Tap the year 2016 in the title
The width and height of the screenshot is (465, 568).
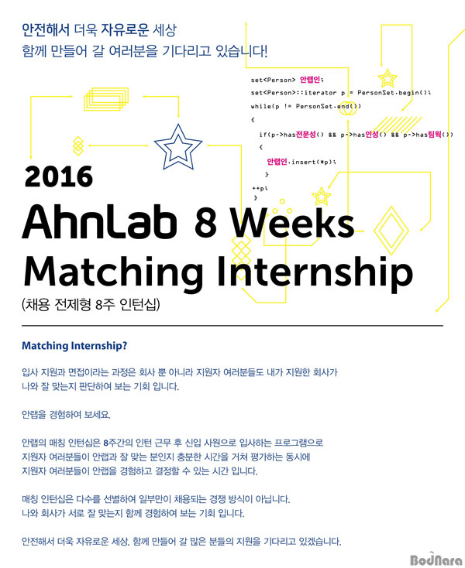[x=59, y=176]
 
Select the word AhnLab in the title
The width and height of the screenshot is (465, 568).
[x=99, y=222]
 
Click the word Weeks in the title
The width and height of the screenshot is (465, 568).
[x=292, y=222]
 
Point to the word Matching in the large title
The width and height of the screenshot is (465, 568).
[x=113, y=273]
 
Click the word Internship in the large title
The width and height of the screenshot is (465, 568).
[x=315, y=272]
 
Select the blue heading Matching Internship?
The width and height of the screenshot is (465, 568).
[x=74, y=346]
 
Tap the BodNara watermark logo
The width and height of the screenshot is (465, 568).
[x=436, y=560]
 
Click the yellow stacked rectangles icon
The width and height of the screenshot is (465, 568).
[x=106, y=99]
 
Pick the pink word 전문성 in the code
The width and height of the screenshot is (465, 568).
[x=306, y=135]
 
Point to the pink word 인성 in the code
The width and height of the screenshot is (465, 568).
[x=371, y=135]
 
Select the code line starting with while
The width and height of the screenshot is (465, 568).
[x=306, y=106]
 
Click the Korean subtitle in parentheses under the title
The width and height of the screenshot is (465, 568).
[x=91, y=305]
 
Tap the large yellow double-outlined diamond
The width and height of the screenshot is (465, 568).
[x=391, y=230]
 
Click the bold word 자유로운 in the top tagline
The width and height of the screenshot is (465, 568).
[x=125, y=29]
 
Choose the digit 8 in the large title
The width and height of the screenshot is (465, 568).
[x=205, y=222]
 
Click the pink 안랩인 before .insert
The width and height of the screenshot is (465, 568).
[x=277, y=162]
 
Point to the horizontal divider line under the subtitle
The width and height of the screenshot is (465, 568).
[x=232, y=326]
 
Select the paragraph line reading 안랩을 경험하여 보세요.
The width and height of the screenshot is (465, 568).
[x=66, y=415]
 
